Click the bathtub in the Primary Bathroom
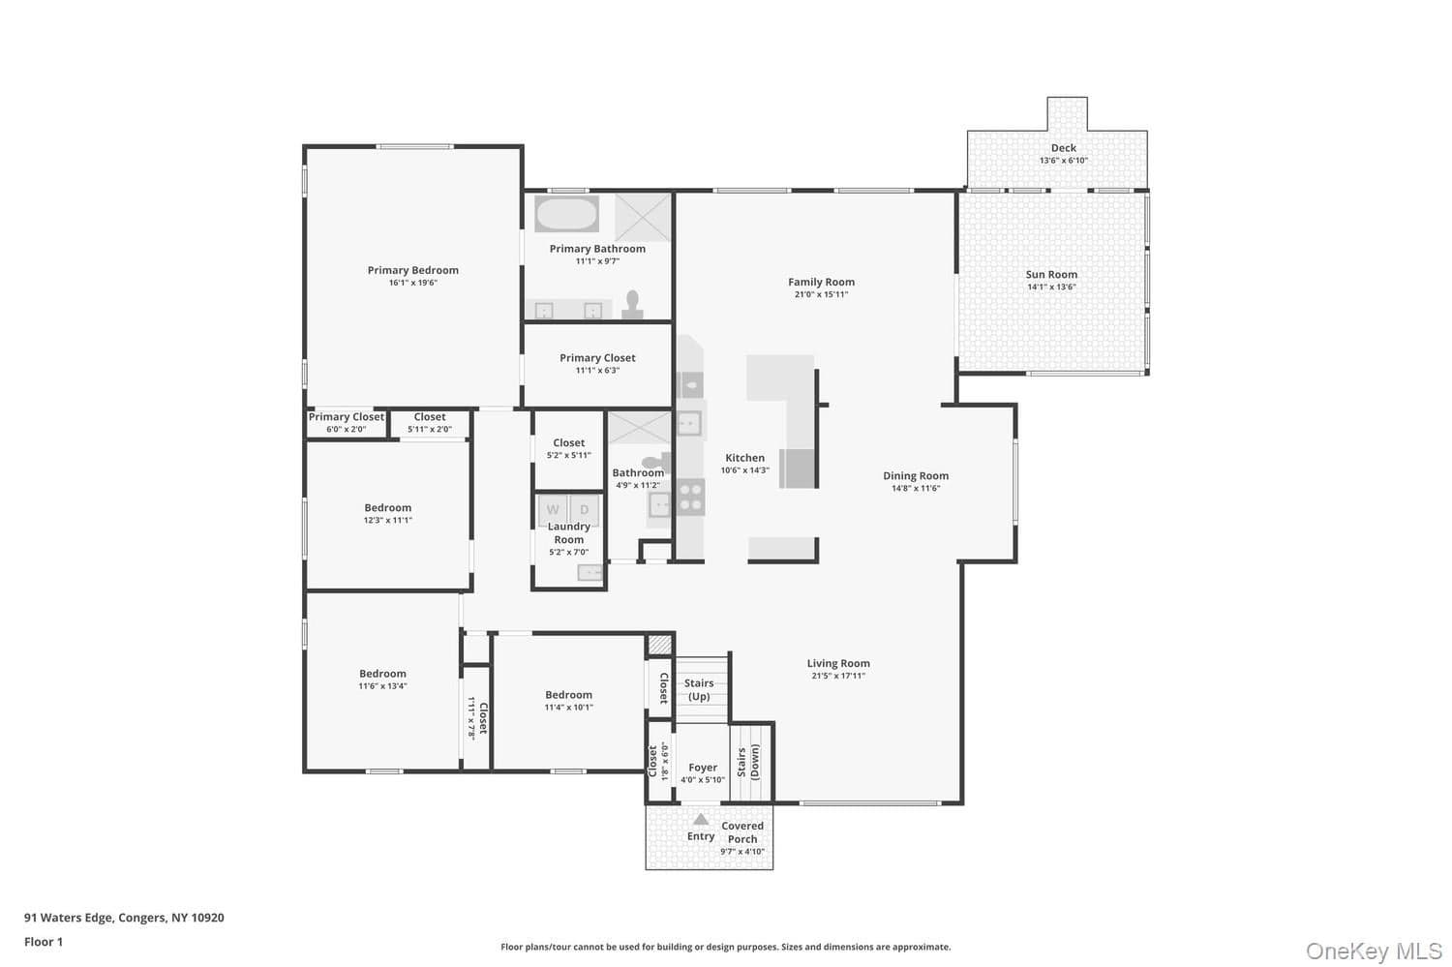tap(566, 213)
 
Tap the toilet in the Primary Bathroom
tap(632, 305)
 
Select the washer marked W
tap(553, 509)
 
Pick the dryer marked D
tap(584, 509)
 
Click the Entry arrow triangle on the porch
tap(701, 819)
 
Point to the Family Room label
tap(821, 282)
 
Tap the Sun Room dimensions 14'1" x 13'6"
tap(1051, 287)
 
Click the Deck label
tap(1064, 148)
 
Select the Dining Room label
tap(916, 475)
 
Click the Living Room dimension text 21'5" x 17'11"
tap(838, 676)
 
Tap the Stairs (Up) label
tap(699, 689)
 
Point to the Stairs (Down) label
tap(748, 763)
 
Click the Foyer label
tap(703, 768)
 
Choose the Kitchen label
tap(744, 458)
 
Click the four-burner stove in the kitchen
tap(690, 498)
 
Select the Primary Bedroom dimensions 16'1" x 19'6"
tap(413, 283)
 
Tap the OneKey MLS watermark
tap(1374, 951)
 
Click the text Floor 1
tap(44, 942)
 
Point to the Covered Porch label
tap(742, 832)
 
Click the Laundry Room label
tap(568, 532)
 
